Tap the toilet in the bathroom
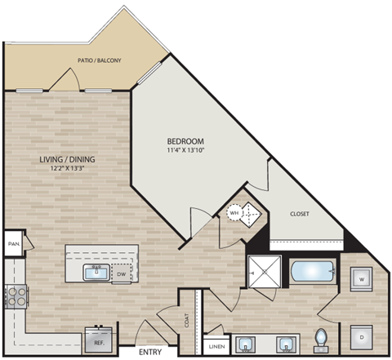tap(321, 338)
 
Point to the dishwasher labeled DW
tap(122, 274)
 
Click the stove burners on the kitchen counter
tap(14, 296)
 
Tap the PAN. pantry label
tap(13, 243)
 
